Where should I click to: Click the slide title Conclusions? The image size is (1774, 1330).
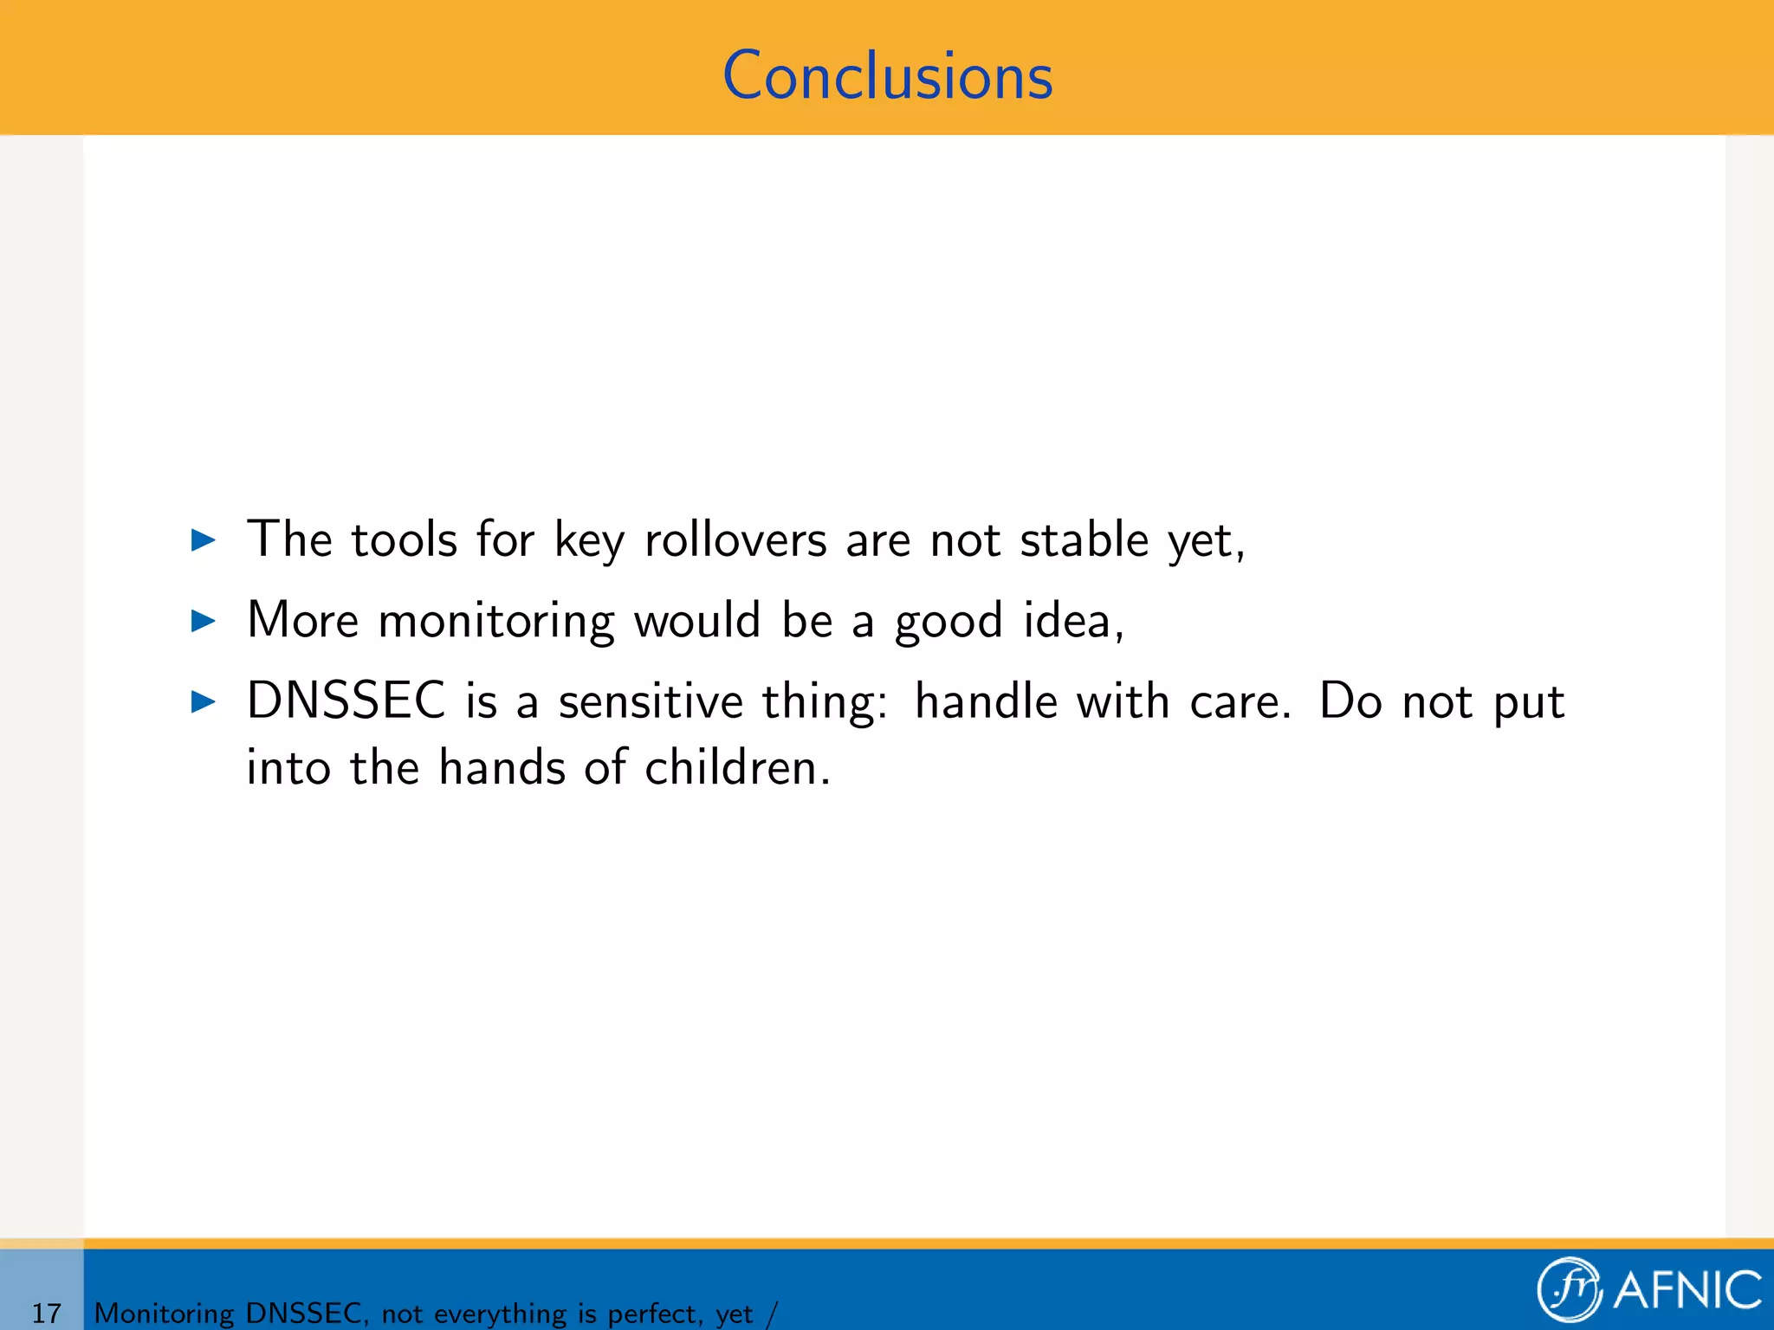(x=887, y=76)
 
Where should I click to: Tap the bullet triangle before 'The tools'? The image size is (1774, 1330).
(x=203, y=540)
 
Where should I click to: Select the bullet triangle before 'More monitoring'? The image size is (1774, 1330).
(x=203, y=621)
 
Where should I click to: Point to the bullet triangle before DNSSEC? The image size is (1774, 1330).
(x=203, y=701)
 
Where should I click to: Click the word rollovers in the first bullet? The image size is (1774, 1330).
(x=735, y=540)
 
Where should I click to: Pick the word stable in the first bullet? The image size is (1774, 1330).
(x=1084, y=540)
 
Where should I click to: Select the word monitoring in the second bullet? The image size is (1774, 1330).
(x=496, y=622)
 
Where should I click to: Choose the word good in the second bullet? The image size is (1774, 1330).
(x=949, y=622)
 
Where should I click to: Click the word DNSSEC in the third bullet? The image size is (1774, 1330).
(x=346, y=701)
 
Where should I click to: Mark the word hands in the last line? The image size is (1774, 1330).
(x=502, y=767)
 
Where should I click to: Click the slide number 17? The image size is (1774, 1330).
(x=46, y=1313)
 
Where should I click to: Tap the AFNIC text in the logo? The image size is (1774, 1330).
(x=1687, y=1290)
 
